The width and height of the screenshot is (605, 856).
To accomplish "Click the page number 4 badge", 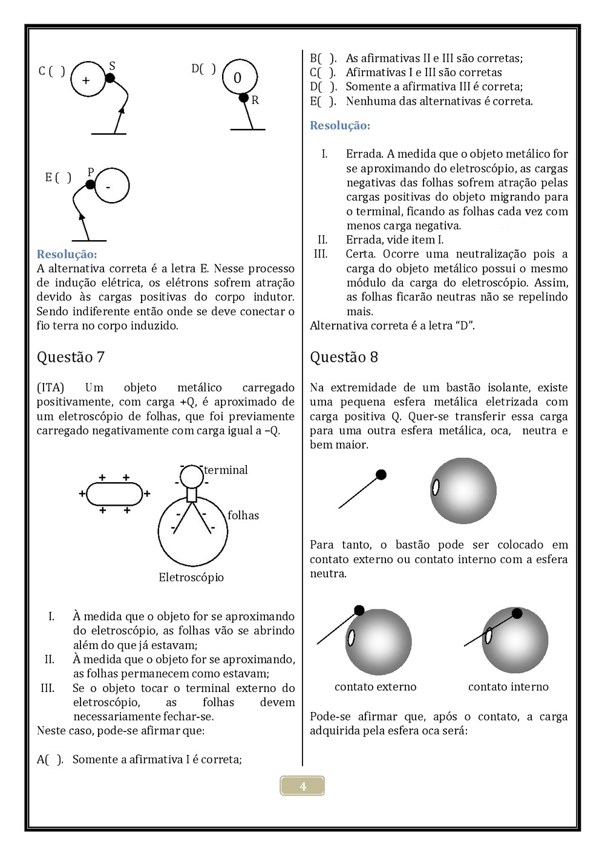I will (x=302, y=786).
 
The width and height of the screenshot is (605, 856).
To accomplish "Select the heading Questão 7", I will (x=71, y=357).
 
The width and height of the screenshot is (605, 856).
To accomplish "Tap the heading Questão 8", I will (x=344, y=357).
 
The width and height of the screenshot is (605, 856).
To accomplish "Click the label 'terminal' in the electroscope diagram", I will (x=226, y=470).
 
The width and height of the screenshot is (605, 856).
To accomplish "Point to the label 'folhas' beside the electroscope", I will (x=243, y=515).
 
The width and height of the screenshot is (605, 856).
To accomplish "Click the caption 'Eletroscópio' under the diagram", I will (x=191, y=577).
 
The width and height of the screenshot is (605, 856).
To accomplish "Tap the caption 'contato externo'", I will (x=375, y=687).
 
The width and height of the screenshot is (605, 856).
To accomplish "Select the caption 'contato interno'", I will (x=508, y=687).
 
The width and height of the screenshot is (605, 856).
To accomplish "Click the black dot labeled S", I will (x=110, y=78).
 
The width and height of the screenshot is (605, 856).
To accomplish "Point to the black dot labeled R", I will (x=243, y=97).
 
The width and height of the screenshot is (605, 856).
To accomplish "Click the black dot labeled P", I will (x=90, y=185).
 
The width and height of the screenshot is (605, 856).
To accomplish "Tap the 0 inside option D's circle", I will (x=237, y=78).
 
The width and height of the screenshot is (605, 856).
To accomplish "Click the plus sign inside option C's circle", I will (x=86, y=80).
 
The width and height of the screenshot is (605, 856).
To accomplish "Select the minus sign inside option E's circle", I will (x=108, y=188).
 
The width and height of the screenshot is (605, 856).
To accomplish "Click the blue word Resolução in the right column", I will (x=340, y=126).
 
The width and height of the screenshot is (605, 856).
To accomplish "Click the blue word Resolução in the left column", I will (x=67, y=254).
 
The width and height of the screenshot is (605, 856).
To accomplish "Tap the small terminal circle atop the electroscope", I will (x=192, y=476).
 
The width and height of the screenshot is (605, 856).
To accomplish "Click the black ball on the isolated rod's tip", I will (x=381, y=475).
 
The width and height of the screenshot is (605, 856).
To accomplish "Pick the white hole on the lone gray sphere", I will (x=435, y=486).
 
